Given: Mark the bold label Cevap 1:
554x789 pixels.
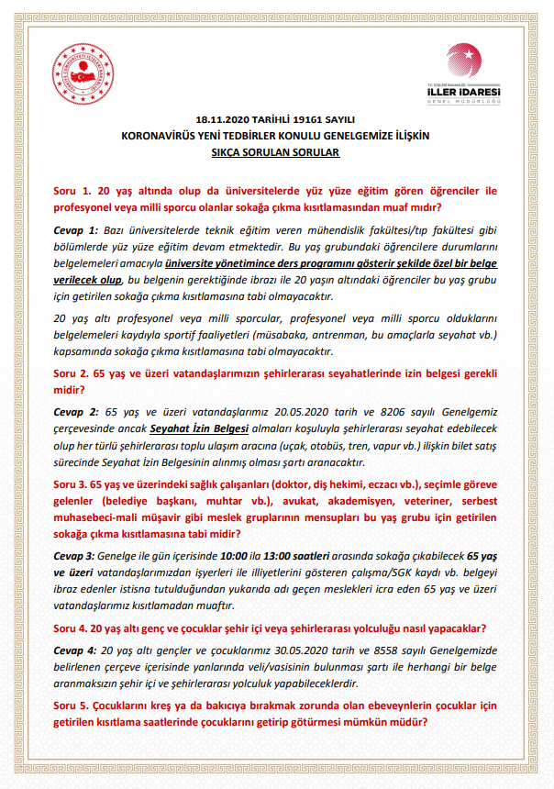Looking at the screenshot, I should pyautogui.click(x=75, y=230).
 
